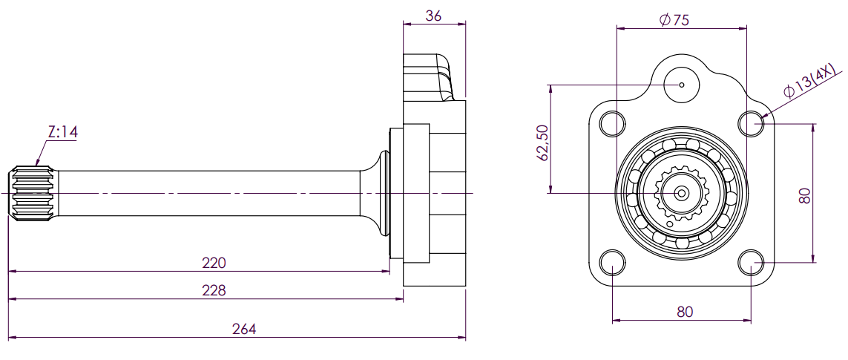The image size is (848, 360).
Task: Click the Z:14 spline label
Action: coord(62,132)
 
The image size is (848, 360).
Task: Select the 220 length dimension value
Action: coord(214,263)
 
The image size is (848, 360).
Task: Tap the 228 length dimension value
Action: coord(214,290)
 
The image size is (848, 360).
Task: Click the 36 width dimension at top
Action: coord(435,16)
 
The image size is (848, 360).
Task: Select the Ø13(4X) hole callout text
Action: coord(811,82)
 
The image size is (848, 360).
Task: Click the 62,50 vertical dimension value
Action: coord(542,143)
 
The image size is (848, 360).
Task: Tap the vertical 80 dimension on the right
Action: coord(806,195)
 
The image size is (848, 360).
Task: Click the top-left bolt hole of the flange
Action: coord(612,123)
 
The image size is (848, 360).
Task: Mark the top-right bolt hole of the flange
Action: coord(752,123)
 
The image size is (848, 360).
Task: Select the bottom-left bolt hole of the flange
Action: coord(612,263)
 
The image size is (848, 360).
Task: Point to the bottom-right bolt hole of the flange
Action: coord(752,263)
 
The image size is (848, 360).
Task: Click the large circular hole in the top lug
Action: coord(682,84)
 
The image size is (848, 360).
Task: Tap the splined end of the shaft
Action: coord(30,193)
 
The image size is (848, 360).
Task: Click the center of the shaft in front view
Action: coord(681,193)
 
